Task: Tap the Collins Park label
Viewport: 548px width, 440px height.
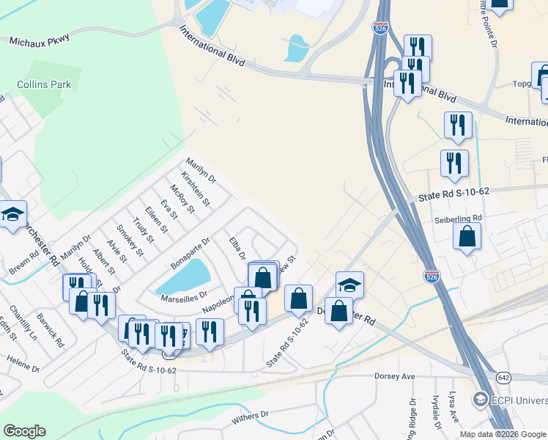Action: click(45, 84)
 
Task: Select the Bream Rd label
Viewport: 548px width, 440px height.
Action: click(23, 265)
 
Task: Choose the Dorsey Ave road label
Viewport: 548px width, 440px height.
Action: click(395, 376)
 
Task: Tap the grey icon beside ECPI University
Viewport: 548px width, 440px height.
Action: click(481, 400)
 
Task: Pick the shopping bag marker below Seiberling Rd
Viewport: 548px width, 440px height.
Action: click(467, 237)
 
